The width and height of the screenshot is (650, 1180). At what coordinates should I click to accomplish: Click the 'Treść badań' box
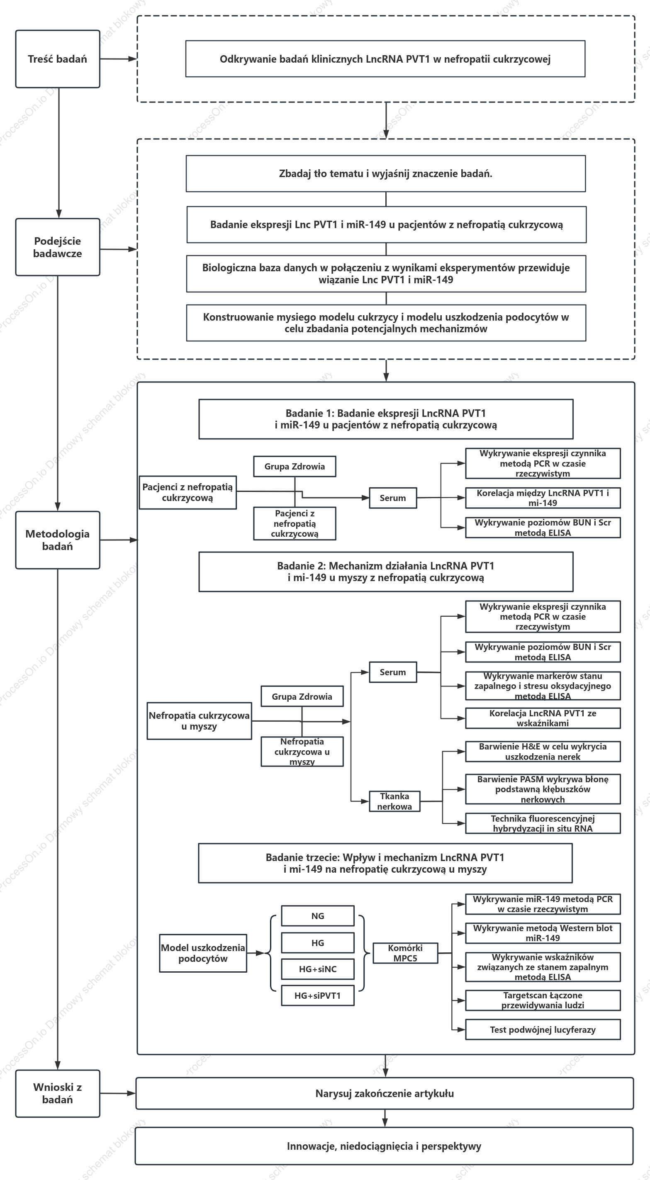pyautogui.click(x=58, y=59)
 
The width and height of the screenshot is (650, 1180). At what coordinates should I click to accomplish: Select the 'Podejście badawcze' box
pyautogui.click(x=58, y=247)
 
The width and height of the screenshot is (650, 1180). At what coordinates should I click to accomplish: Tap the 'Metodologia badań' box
pyautogui.click(x=58, y=540)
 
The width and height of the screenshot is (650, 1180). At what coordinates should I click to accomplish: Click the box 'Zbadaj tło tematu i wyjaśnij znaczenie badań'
pyautogui.click(x=386, y=174)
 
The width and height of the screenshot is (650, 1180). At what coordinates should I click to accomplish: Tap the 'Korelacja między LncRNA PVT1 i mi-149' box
pyautogui.click(x=543, y=498)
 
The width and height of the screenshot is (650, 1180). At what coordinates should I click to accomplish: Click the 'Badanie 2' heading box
pyautogui.click(x=386, y=572)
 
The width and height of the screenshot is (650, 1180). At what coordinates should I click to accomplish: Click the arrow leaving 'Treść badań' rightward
pyautogui.click(x=119, y=59)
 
